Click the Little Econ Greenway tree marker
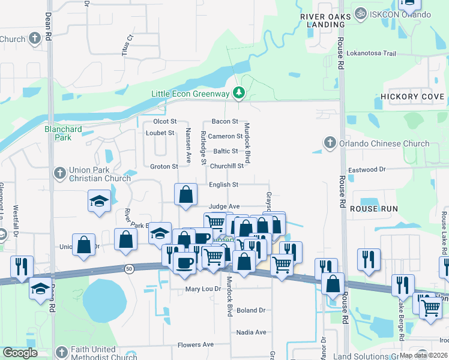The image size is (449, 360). [240, 93]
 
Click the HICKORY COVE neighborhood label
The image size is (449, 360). [412, 97]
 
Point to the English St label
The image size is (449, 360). [223, 185]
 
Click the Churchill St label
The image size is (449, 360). [227, 166]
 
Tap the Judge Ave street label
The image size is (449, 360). [224, 206]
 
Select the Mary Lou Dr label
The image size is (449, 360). [200, 289]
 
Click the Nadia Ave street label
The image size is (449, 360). [251, 332]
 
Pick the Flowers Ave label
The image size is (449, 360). [196, 345]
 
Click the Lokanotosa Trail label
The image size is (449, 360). [372, 53]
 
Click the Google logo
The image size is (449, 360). [20, 353]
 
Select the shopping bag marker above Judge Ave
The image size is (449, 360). [186, 194]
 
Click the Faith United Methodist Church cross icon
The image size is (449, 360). [60, 352]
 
